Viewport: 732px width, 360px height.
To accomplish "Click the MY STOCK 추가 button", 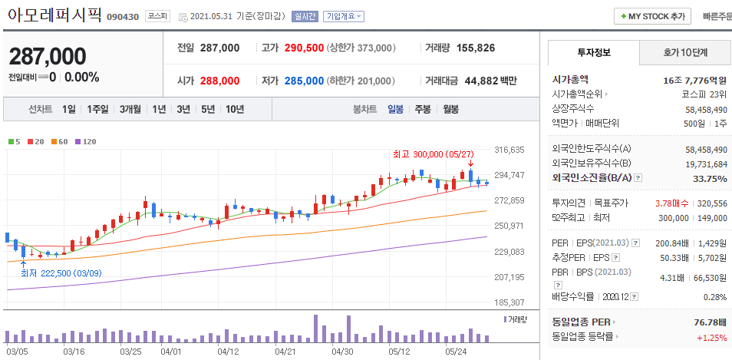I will [x=652, y=16].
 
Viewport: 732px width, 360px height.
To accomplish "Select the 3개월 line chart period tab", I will [x=130, y=109].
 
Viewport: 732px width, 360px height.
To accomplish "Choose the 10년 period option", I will [x=235, y=109].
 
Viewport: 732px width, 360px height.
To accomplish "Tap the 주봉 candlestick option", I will [x=423, y=109].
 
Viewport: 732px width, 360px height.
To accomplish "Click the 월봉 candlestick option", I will [x=450, y=109].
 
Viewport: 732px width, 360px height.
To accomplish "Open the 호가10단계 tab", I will [x=685, y=52].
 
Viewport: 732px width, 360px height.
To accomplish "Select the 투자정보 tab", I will [x=593, y=52].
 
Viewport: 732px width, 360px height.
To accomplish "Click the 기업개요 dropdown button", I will [x=344, y=16].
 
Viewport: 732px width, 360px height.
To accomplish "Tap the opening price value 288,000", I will [x=220, y=81].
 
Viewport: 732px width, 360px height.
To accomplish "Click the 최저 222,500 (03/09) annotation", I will [x=61, y=272].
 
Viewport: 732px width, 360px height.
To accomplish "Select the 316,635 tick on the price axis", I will [x=509, y=150].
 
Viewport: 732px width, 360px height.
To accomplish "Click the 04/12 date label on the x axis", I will [x=228, y=352].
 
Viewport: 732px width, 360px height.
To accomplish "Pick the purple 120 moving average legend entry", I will [x=85, y=141].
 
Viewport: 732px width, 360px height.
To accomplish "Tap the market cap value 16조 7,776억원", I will [x=695, y=79].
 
